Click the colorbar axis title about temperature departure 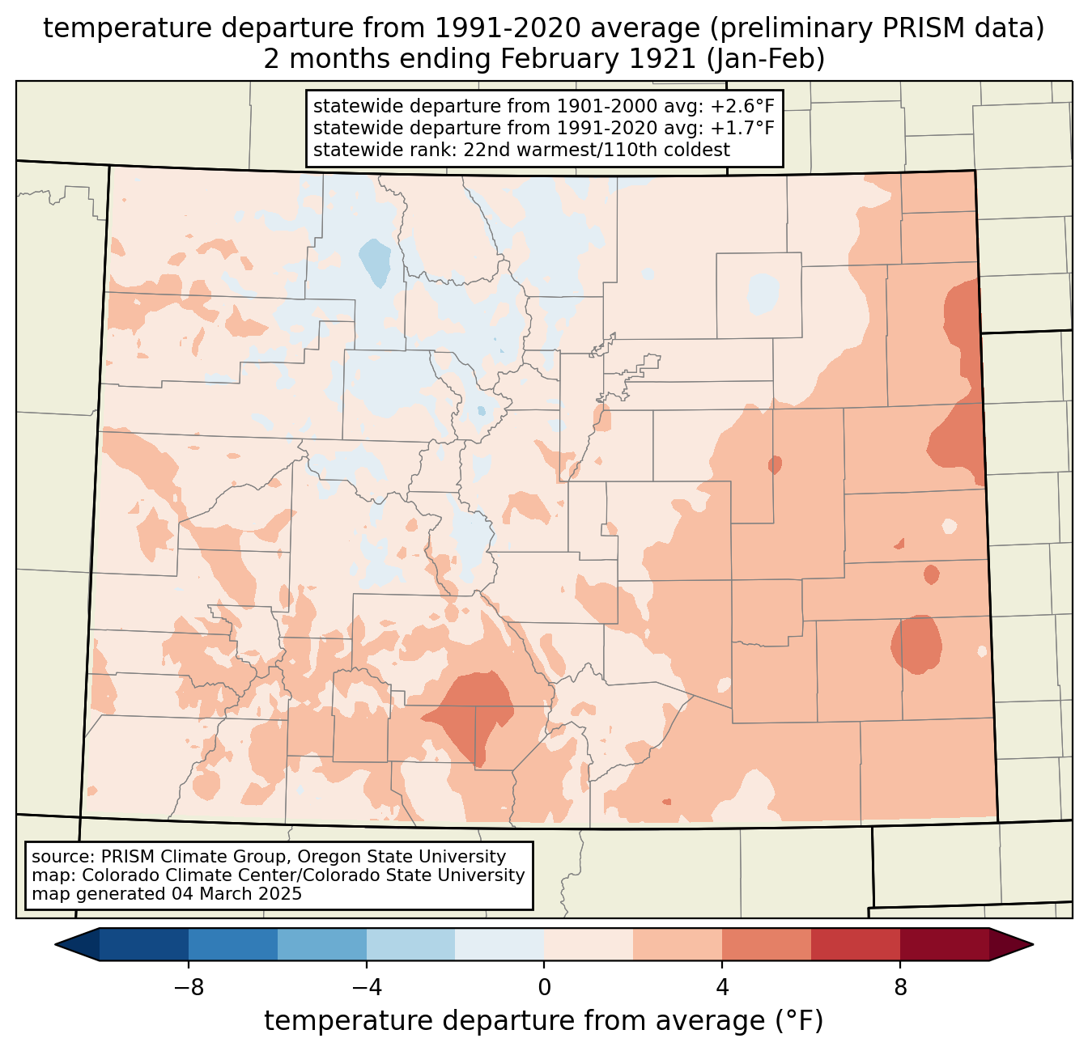point(544,1021)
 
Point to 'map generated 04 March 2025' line point(167,894)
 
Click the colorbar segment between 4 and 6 point(767,944)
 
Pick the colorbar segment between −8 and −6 point(232,944)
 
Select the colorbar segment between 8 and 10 point(945,944)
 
